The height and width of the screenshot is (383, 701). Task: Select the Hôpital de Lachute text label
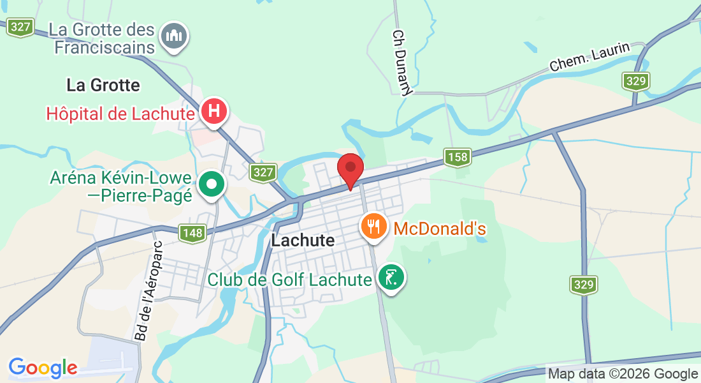120,114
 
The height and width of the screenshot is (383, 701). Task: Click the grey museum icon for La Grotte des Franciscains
173,36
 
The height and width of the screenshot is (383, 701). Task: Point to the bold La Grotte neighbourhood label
103,85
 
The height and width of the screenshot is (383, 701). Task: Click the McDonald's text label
440,229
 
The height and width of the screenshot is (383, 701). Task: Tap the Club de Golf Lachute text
290,280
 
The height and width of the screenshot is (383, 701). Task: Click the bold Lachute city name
303,241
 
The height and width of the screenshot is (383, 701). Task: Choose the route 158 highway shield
458,157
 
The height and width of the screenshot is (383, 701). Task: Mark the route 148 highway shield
192,233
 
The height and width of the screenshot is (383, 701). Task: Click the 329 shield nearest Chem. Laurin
637,81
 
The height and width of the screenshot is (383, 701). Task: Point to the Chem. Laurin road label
589,57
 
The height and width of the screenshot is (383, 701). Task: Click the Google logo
43,368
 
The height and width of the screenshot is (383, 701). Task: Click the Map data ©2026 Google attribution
623,374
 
